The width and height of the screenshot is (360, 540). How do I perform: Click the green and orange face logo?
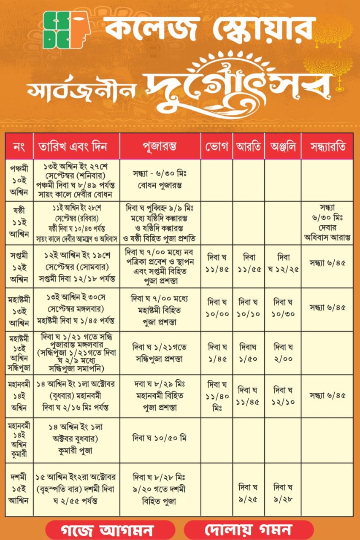coord(67,30)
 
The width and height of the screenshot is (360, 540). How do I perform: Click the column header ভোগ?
coord(217,146)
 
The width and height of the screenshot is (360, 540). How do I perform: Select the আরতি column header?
coord(249,146)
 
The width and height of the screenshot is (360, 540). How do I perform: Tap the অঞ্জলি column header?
coord(283,146)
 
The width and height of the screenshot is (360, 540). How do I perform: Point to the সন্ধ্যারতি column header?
coord(328,146)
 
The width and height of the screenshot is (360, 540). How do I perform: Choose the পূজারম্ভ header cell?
coord(160,146)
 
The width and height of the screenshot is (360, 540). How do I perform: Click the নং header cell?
coord(19,146)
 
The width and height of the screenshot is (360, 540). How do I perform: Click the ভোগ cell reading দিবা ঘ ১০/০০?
coord(217,308)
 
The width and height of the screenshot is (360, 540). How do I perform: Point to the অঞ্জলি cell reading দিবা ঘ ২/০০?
coord(283,353)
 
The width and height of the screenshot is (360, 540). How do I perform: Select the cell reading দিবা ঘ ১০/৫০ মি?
coord(160,439)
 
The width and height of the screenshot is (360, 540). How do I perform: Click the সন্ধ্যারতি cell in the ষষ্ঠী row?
coord(328,222)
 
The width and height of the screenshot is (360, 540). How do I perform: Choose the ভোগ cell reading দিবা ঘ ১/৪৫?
coord(217,353)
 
